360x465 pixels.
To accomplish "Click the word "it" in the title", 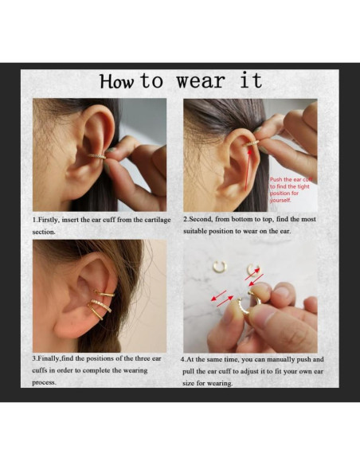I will point(250,82).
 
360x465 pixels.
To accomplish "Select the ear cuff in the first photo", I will point(98,155).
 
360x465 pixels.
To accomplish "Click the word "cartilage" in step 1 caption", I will point(151,220).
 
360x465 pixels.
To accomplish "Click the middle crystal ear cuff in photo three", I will point(100,305).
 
